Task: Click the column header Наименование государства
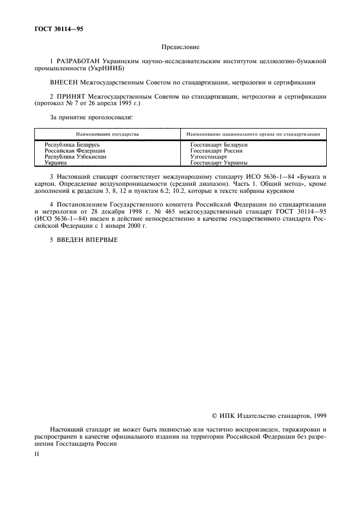[x=107, y=134]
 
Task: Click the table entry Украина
[x=56, y=162]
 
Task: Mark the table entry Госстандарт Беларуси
[x=219, y=145]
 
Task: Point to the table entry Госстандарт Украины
[x=219, y=162]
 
